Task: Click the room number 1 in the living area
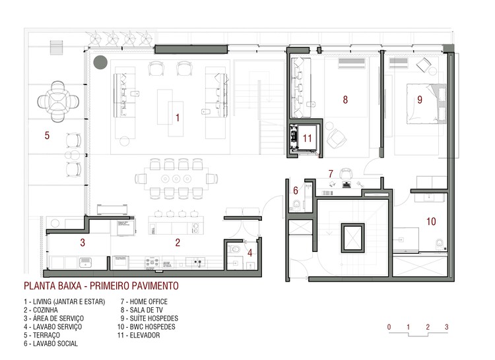coord(177,118)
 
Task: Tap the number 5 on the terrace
coord(47,136)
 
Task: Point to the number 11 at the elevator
coord(306,138)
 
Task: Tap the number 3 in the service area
coord(82,243)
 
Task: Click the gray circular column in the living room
coord(100,63)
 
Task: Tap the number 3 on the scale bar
coord(447,327)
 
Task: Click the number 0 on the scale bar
coord(389,327)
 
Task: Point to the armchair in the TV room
coord(337,137)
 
